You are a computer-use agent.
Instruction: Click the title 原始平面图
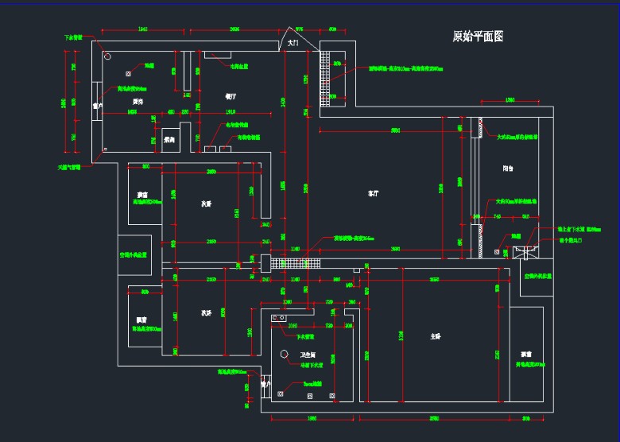(x=478, y=37)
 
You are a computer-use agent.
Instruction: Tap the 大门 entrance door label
(x=293, y=44)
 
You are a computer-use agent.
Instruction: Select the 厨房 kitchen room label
(x=138, y=102)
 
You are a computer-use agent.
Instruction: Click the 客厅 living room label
(x=373, y=193)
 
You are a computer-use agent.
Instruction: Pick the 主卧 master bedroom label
(x=436, y=337)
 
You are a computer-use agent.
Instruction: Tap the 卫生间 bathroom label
(x=308, y=354)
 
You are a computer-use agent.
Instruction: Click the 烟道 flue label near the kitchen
(x=149, y=65)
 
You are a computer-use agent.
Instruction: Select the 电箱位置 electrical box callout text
(x=240, y=66)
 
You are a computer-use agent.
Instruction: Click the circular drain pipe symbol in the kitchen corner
(x=107, y=56)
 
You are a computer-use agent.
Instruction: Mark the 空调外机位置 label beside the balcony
(x=538, y=277)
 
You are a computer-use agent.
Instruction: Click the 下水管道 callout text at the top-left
(x=74, y=37)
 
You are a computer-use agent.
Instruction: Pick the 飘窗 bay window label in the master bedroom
(x=526, y=354)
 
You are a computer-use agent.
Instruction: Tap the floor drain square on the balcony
(x=498, y=252)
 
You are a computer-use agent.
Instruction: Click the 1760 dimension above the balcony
(x=510, y=100)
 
